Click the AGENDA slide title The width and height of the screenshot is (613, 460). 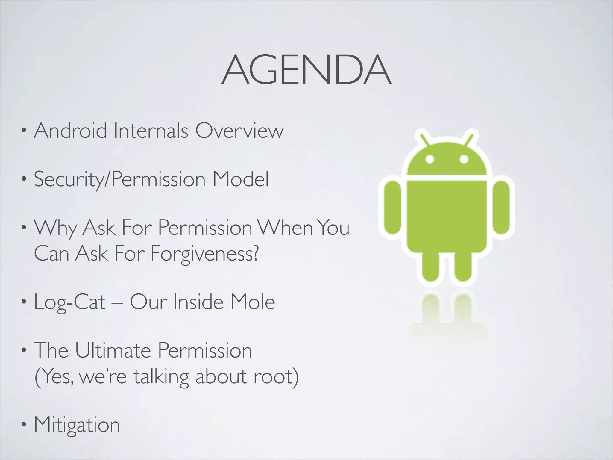click(306, 70)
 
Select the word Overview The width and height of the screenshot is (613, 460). click(239, 131)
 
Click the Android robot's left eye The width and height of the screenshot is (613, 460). click(430, 159)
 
